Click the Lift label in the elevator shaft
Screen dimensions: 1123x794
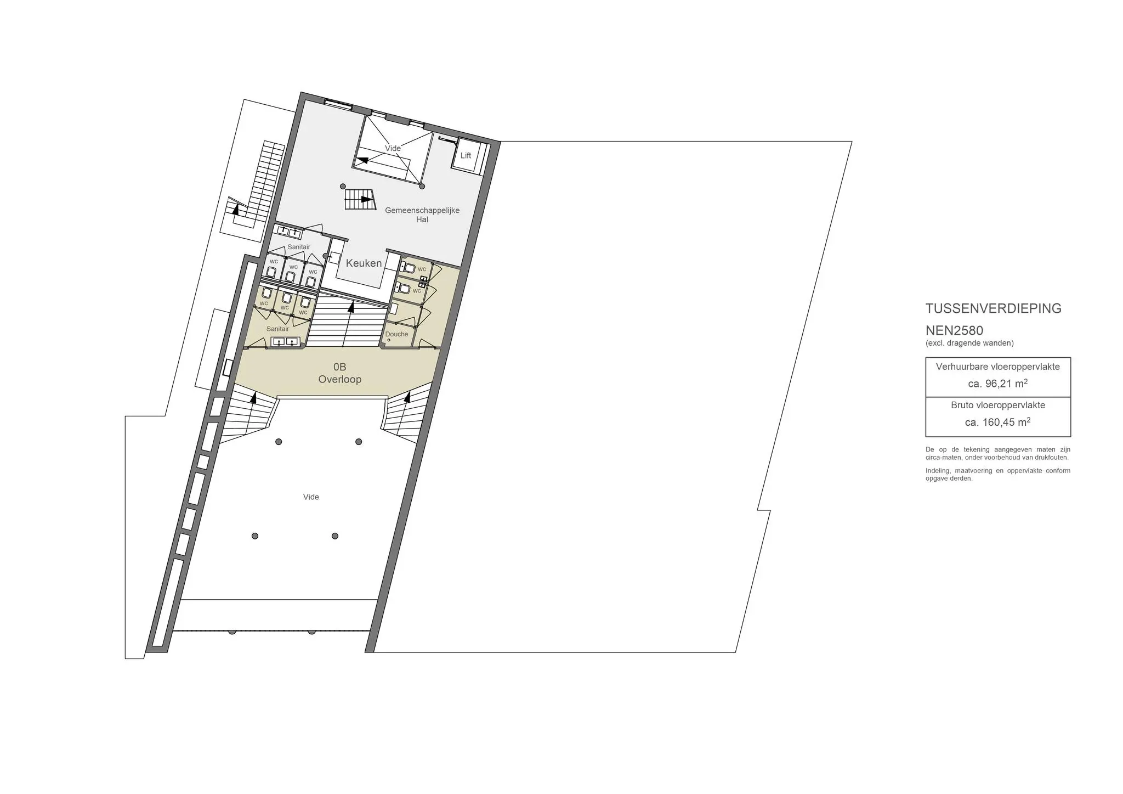466,156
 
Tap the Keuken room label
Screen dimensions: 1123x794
364,263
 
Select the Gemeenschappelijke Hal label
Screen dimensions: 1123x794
422,215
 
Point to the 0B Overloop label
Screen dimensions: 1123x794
340,373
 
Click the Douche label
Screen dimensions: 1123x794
396,334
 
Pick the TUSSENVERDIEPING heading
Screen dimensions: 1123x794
994,308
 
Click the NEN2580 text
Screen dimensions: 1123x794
954,331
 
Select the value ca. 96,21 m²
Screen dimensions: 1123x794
998,384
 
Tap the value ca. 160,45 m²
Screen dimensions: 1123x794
998,422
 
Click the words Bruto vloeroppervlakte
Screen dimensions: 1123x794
998,406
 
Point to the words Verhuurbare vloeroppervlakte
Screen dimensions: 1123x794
998,367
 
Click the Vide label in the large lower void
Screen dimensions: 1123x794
311,497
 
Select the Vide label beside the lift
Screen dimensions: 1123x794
393,148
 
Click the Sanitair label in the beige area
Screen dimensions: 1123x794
277,329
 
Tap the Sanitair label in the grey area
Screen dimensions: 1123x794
299,247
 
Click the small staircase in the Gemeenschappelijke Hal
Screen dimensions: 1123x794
360,199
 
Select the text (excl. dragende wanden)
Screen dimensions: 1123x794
969,343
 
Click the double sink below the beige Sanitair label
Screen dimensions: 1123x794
285,342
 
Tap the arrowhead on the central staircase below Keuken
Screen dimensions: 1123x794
351,306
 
